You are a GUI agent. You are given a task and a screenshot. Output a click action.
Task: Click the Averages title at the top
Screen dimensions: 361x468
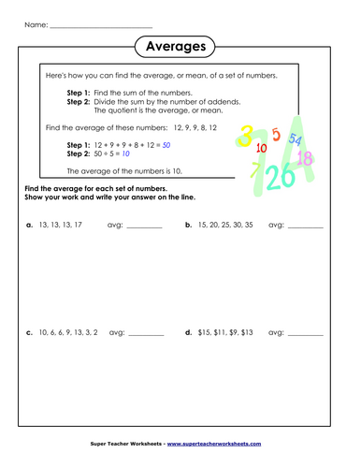pos(180,46)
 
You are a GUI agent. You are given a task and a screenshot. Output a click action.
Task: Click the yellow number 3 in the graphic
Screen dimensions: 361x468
pos(245,134)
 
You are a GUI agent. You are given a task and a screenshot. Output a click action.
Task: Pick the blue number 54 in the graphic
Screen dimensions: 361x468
pos(296,139)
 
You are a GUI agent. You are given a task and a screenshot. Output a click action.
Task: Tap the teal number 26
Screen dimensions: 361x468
pos(280,174)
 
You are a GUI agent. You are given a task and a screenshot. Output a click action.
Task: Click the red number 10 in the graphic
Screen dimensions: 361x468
pos(261,148)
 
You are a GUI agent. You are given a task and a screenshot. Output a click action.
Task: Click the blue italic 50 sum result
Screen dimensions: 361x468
pos(166,145)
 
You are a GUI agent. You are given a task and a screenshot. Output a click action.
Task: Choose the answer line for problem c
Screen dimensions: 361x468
pos(145,334)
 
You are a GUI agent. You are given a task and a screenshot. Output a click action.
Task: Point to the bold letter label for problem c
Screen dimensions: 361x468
pos(29,331)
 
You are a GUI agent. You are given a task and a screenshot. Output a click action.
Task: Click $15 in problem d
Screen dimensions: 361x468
pos(206,331)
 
